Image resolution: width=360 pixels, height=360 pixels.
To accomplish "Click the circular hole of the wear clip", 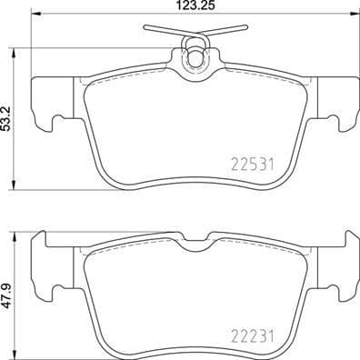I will (x=193, y=61).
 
